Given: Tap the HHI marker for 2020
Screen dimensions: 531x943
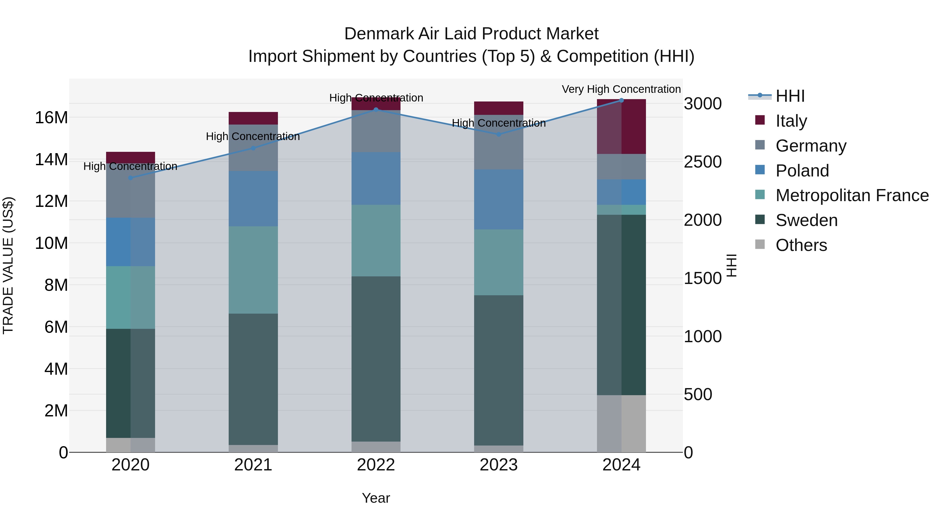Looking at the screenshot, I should (130, 178).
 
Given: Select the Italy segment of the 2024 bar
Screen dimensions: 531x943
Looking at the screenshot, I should (621, 126).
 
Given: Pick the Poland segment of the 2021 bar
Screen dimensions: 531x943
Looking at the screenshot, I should (253, 199).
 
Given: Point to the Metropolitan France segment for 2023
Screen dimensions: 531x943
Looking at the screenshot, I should (498, 262).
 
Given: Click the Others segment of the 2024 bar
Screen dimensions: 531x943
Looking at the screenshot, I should (621, 424).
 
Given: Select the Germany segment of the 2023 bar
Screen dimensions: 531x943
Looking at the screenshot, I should (498, 142).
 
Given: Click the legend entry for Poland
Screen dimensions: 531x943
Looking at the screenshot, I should (802, 171).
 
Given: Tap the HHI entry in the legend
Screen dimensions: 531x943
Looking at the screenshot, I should (790, 96).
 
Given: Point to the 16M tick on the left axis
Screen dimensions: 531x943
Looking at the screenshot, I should (51, 118).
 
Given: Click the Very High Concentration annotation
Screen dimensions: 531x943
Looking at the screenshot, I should (621, 89).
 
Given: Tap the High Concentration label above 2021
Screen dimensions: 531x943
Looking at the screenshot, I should (253, 136).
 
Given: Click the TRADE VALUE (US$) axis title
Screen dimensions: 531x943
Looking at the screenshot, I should (8, 265).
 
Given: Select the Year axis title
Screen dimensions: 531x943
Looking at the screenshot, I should (376, 498).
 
